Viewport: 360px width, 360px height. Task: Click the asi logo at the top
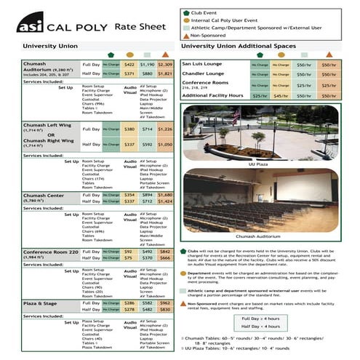33,27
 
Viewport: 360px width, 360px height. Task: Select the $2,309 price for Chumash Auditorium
165,65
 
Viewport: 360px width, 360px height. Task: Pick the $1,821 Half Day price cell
165,74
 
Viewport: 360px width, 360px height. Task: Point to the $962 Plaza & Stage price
165,302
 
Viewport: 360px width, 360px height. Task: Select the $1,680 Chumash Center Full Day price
165,195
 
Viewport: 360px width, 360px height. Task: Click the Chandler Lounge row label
203,74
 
